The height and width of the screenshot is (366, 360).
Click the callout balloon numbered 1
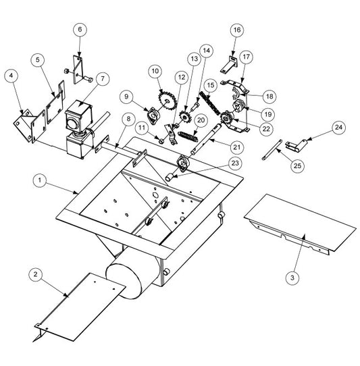(x=40, y=180)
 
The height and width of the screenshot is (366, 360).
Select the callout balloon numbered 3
(x=292, y=278)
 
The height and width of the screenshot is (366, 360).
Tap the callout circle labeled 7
(x=103, y=78)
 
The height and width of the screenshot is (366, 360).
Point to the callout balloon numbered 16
(x=236, y=30)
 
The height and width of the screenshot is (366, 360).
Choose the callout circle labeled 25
(x=297, y=165)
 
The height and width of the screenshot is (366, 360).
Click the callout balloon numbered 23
(x=235, y=163)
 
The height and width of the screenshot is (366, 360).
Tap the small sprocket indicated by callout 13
(x=185, y=116)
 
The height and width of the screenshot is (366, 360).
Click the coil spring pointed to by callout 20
(x=188, y=136)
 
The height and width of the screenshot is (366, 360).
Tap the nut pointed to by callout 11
(x=161, y=141)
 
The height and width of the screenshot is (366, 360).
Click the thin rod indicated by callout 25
(x=272, y=149)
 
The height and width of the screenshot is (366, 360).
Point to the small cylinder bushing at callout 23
(x=170, y=177)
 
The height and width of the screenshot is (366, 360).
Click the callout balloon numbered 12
(x=182, y=77)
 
